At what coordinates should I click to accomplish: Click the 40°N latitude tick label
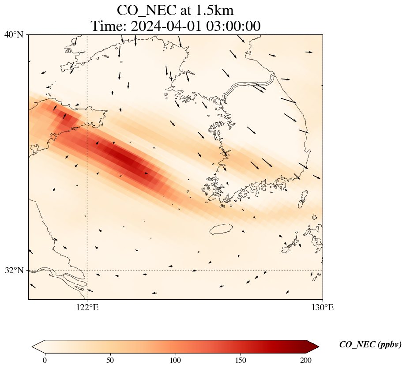(x=14, y=34)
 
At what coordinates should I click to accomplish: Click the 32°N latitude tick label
(x=14, y=270)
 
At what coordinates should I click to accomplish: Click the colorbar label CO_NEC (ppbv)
(x=370, y=345)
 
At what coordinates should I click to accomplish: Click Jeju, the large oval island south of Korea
(x=221, y=229)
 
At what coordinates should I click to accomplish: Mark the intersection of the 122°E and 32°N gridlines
(x=87, y=270)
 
